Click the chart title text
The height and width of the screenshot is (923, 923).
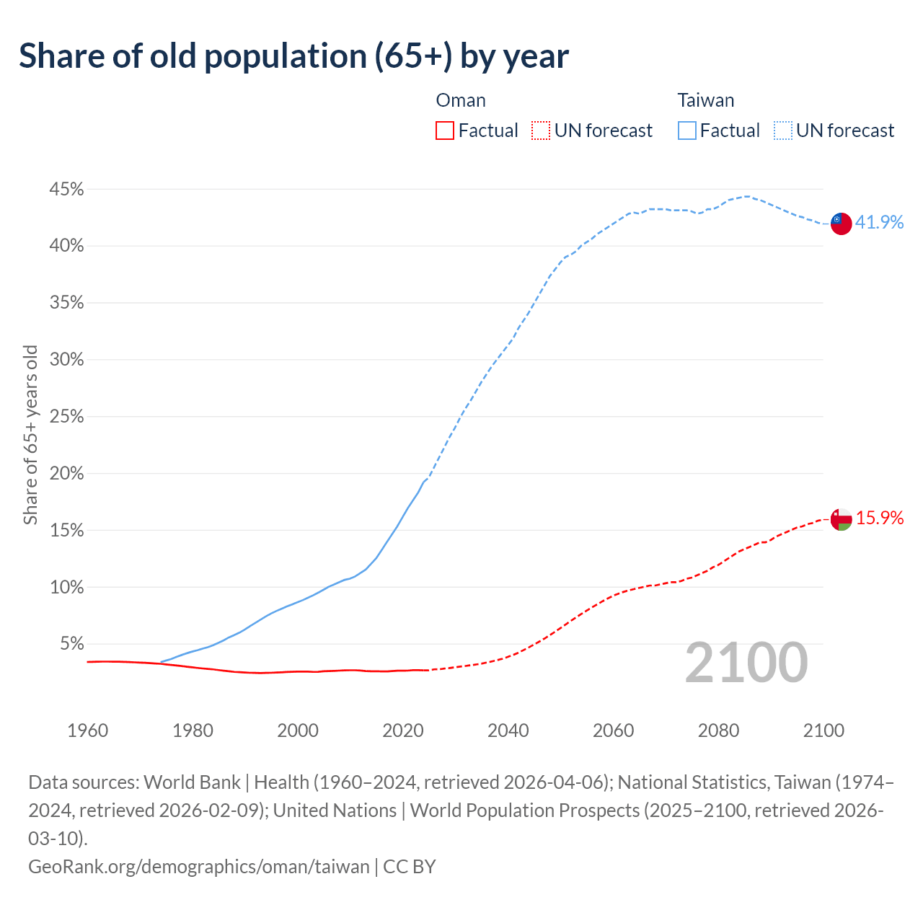[293, 56]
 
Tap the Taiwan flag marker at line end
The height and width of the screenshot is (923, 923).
[841, 223]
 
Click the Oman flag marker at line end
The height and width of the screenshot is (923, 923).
[841, 518]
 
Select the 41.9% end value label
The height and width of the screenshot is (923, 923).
[879, 222]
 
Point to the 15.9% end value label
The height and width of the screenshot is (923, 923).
[879, 518]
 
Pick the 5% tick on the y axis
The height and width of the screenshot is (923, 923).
[71, 643]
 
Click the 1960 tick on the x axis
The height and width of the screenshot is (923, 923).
[87, 730]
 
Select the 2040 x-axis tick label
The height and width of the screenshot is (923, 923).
[508, 730]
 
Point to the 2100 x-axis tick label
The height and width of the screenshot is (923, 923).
[823, 730]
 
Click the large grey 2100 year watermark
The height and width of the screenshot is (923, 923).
[746, 663]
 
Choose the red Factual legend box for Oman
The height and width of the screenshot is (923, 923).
[445, 131]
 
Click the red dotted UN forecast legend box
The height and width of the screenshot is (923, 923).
[540, 131]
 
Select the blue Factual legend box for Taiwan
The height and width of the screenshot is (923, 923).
[687, 131]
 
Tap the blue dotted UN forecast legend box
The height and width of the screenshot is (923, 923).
[782, 131]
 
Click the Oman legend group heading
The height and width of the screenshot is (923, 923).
[461, 100]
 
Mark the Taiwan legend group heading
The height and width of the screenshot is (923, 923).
[705, 100]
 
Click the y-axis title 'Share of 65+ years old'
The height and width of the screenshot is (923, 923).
[30, 435]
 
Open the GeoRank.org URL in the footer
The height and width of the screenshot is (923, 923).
[198, 866]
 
